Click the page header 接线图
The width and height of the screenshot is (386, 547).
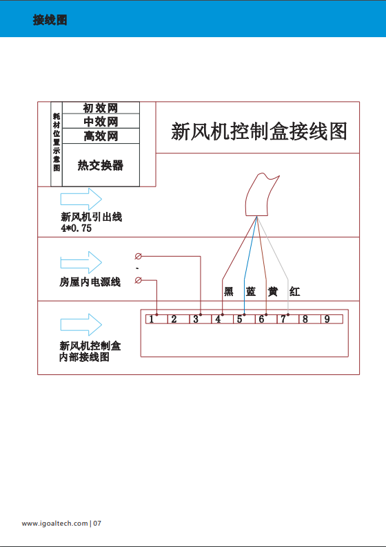point(50,20)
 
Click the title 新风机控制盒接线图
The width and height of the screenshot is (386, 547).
point(259,131)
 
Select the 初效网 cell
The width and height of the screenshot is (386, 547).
point(101,108)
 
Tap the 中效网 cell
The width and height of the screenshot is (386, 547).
point(101,121)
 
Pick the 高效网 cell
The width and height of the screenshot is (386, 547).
point(101,136)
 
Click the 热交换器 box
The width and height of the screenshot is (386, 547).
point(101,165)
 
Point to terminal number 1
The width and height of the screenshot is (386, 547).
point(151,319)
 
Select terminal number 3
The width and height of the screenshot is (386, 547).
point(196,319)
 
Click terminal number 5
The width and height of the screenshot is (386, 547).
point(239,319)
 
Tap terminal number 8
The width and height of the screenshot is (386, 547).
point(305,319)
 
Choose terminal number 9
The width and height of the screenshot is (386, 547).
point(327,319)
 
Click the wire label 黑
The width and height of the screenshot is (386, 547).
point(228,291)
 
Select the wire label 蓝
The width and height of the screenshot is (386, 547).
point(250,291)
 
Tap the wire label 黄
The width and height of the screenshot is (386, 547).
point(272,291)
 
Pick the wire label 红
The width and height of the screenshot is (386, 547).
point(294,291)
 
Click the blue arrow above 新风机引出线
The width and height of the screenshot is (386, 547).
point(81,200)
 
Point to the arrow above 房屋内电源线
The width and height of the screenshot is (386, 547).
point(81,262)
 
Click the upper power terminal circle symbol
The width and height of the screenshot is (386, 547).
point(139,257)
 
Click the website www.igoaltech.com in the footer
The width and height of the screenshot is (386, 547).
point(54,524)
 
